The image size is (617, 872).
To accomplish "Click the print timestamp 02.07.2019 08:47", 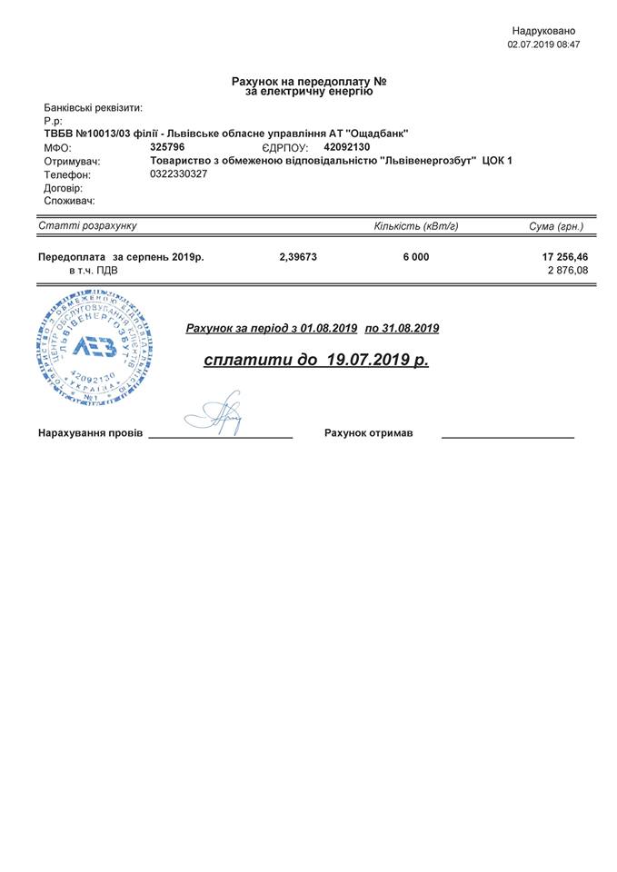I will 543,44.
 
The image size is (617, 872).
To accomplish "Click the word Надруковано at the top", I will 543,31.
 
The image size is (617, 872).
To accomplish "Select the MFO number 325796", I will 167,146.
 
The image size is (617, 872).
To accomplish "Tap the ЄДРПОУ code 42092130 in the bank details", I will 347,146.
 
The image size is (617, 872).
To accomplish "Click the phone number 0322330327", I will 179,173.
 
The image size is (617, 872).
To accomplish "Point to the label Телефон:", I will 67,174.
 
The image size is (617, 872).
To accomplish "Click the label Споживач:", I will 69,201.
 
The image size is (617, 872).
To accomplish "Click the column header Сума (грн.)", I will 556,225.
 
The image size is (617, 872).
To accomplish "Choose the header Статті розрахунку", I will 87,225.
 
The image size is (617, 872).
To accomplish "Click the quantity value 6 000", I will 416,257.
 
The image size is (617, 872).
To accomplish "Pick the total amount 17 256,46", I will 564,257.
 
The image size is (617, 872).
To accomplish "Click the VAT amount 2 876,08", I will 568,271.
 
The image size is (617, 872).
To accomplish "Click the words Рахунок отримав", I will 368,433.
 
